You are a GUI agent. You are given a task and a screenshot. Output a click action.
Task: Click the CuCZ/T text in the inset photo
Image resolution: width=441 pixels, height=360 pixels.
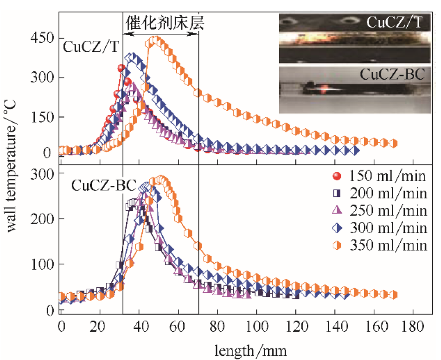pyautogui.click(x=394, y=22)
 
